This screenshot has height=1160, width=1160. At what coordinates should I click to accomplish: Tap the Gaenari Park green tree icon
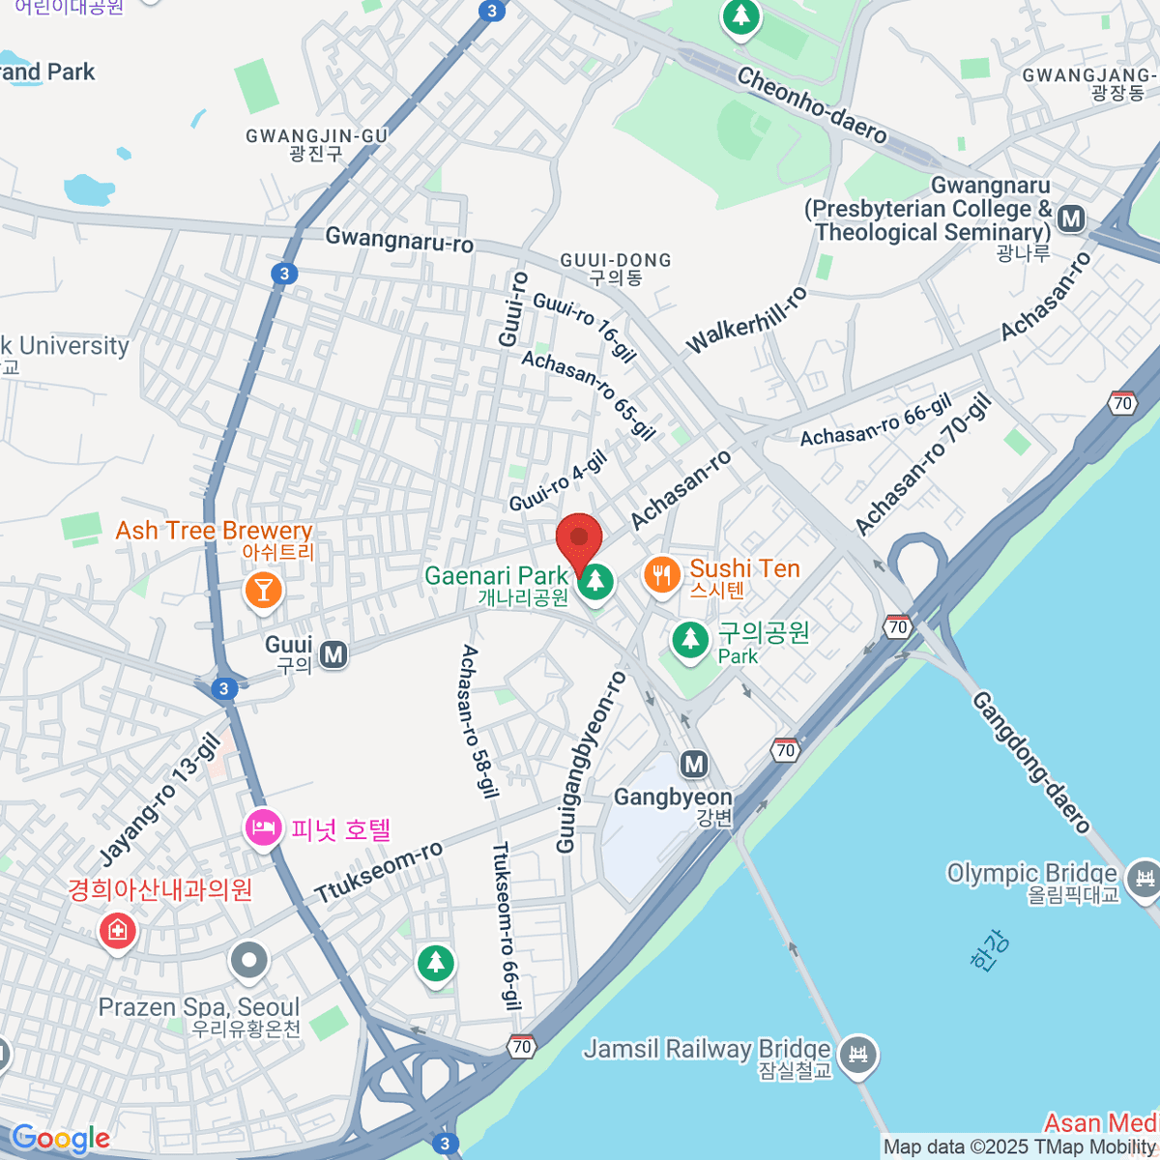tap(596, 581)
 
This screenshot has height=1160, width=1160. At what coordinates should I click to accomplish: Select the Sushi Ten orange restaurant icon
tap(662, 576)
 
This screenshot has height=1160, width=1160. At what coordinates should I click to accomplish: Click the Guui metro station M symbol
tap(333, 654)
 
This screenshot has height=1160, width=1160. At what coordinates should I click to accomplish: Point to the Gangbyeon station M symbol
tap(694, 765)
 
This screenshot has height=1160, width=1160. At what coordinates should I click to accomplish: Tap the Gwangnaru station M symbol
tap(1071, 218)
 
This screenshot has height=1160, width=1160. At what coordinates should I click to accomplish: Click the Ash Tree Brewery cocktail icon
tap(262, 588)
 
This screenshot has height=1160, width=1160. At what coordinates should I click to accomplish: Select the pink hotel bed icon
tap(262, 827)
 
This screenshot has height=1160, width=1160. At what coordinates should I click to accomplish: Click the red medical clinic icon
tap(117, 931)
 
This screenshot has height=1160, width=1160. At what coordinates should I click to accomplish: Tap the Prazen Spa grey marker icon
tap(250, 961)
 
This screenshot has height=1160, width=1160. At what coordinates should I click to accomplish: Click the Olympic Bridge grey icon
tap(1145, 874)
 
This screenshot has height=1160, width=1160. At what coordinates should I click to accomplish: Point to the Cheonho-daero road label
tap(811, 105)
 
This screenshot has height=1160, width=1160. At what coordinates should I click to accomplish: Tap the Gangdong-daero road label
tap(1030, 761)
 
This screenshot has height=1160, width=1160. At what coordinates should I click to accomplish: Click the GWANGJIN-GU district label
tap(316, 136)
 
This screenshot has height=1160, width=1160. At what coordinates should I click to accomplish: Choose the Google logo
tap(60, 1139)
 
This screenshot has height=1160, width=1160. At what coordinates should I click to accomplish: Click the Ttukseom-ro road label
tap(379, 872)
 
